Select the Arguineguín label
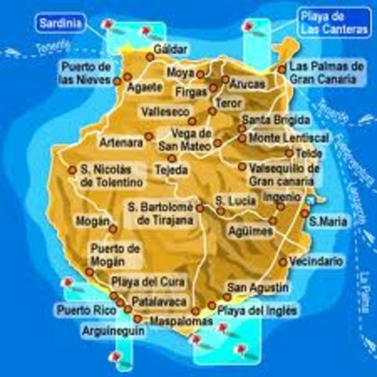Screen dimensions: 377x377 [109, 331]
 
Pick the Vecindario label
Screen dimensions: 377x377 [316, 262]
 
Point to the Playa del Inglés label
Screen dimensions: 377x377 [257, 311]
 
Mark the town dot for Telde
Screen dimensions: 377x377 [289, 153]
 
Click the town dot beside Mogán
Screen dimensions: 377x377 [113, 229]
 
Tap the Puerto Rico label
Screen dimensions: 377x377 [86, 311]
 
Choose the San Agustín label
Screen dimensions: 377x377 [258, 289]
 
